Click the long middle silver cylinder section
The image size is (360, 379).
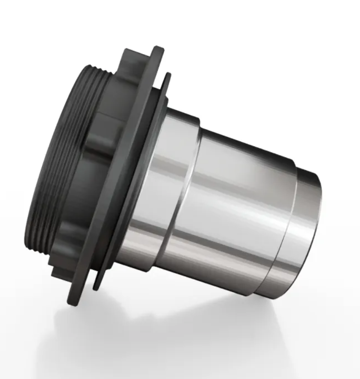pos(239,206)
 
